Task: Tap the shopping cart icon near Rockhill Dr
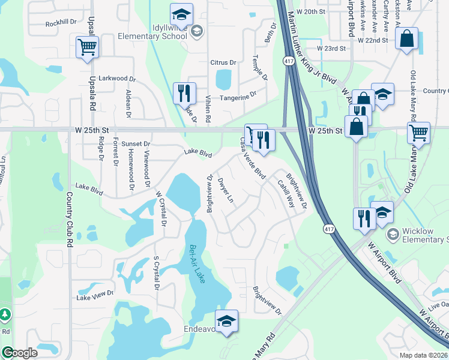click(87, 47)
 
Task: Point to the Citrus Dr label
click(223, 62)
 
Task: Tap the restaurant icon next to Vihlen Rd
click(184, 93)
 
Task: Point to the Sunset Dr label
click(136, 144)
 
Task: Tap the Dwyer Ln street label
click(225, 190)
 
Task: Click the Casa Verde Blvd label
click(253, 158)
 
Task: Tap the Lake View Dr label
click(95, 295)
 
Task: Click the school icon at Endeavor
click(226, 322)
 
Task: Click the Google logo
click(20, 353)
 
